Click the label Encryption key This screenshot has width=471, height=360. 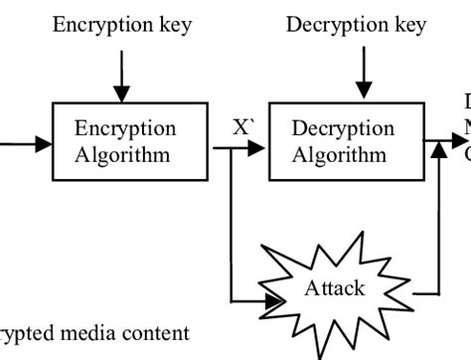tap(122, 24)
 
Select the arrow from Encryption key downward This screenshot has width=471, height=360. tap(121, 78)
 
